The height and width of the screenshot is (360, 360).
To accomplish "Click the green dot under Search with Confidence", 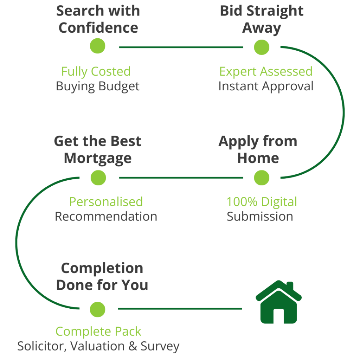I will (x=98, y=46).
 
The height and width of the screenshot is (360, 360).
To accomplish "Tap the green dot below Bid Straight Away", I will (x=262, y=47).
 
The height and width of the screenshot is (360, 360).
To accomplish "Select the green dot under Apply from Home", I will (x=262, y=178).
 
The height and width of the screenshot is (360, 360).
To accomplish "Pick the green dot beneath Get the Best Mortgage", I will (x=98, y=178).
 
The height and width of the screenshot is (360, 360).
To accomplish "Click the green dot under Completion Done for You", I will (x=97, y=309).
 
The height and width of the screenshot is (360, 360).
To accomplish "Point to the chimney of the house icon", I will (x=290, y=285).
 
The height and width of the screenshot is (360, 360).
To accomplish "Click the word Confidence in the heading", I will (x=98, y=28).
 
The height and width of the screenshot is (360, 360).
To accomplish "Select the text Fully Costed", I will (x=96, y=71).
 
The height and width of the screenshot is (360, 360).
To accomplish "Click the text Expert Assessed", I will (x=266, y=71).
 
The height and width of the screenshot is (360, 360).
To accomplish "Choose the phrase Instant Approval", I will (x=266, y=86).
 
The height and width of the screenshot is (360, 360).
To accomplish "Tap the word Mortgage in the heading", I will (x=98, y=158).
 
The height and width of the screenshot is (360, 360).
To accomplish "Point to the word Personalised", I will (x=106, y=202).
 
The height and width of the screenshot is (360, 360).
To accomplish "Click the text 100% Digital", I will (x=262, y=202).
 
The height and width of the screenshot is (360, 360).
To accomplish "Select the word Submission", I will (x=260, y=216).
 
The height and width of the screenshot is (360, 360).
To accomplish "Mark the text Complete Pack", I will (x=98, y=332).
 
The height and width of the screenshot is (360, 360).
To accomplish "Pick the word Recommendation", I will (x=106, y=216).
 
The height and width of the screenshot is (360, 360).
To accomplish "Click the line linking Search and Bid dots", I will (x=181, y=47).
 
